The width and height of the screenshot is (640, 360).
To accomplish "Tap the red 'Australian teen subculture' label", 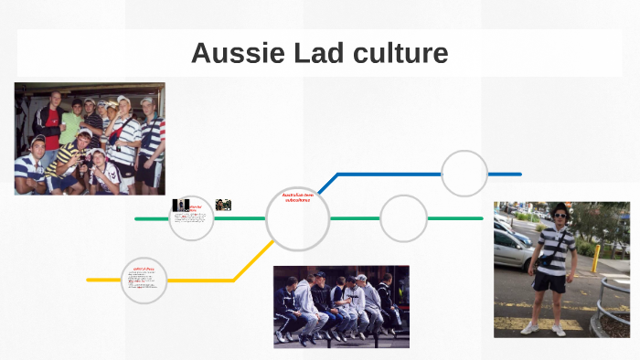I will pos(296,196).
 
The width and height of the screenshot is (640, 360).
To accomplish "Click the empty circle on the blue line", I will pos(464,173).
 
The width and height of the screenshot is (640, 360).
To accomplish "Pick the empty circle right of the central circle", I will pos(403,218).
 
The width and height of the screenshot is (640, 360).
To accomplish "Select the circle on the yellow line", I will pos(144,280).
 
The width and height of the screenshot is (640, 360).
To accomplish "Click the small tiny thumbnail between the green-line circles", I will pos(223,205).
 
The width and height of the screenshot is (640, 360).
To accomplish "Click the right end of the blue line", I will pos(519,174).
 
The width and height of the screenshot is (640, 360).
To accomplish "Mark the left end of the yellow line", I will pos(89,280).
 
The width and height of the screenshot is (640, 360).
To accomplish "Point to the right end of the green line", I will pos(481,218).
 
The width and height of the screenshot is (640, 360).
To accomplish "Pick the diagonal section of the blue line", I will pos(327,183).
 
